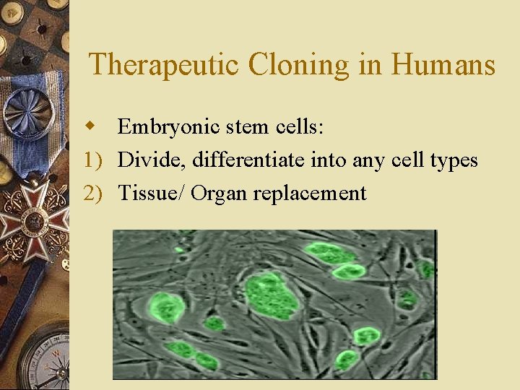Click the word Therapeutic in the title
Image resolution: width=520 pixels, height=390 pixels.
(x=164, y=65)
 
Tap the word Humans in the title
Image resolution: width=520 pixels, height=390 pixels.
(x=443, y=65)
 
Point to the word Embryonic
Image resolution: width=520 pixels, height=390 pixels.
(x=159, y=128)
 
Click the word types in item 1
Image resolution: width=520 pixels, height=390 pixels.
(x=454, y=160)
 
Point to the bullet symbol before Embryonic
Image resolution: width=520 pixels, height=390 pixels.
(x=91, y=127)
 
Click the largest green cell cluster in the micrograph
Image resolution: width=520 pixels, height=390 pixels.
(x=272, y=294)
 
